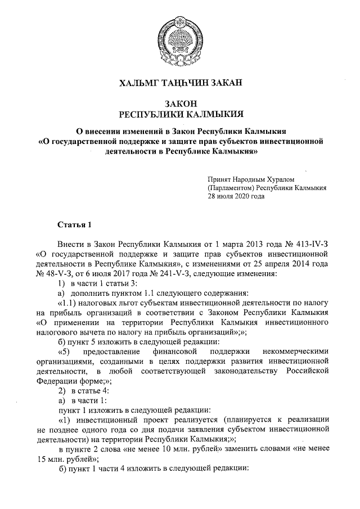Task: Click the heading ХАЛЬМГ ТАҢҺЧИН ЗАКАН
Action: [179, 84]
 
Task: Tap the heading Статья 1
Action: [74, 225]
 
